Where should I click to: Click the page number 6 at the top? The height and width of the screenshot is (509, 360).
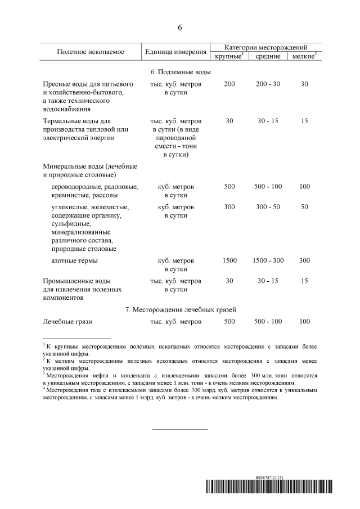point(180,28)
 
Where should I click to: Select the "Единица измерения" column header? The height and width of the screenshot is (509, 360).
point(175,52)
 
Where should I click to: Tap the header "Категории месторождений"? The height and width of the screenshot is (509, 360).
point(266,47)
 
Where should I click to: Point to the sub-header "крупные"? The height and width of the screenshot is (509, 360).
point(228,56)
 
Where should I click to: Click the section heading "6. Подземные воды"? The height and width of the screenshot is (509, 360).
point(180,73)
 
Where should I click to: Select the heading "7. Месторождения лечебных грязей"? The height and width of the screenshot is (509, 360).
point(180,309)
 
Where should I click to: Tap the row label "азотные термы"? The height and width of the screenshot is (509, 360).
point(74,261)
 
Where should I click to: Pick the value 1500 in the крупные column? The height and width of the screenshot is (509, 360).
point(229,261)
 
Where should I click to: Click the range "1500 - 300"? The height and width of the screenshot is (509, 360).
point(268,261)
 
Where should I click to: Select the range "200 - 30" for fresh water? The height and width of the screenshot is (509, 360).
point(268,84)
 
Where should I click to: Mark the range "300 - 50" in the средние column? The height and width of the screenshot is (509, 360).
point(268,207)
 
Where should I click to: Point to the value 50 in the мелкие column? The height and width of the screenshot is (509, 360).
point(304,207)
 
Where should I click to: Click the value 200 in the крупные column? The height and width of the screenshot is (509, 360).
point(229,84)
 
